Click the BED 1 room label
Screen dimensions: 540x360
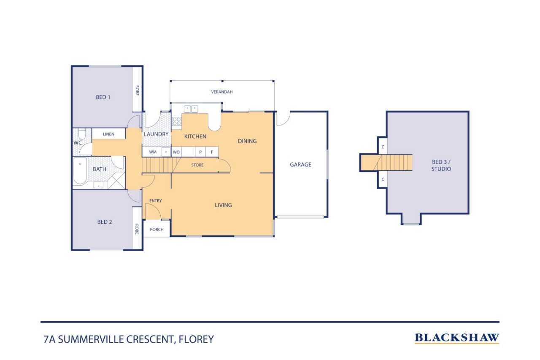[103, 97]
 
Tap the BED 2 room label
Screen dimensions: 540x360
[105, 222]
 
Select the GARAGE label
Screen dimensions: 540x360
[300, 165]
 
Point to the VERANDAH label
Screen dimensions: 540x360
[222, 92]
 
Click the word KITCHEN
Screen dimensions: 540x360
[195, 136]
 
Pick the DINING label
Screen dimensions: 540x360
[247, 141]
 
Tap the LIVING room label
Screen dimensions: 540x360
[223, 205]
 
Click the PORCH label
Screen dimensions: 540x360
[157, 229]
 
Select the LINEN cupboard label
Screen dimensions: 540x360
[108, 134]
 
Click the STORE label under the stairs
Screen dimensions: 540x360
[197, 165]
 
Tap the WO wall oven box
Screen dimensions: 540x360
[176, 152]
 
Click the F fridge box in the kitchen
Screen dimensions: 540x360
[212, 152]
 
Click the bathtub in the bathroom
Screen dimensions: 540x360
[80, 171]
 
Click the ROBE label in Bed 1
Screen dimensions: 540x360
[137, 90]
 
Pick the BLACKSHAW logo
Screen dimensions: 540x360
[457, 338]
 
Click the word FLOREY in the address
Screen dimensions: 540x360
[196, 339]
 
